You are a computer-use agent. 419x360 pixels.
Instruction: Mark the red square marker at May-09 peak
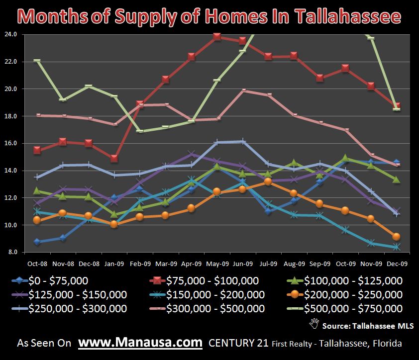click(x=216, y=37)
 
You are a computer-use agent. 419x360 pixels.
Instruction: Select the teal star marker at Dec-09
click(x=396, y=247)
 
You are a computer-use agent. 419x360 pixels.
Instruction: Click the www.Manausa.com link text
click(x=141, y=343)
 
